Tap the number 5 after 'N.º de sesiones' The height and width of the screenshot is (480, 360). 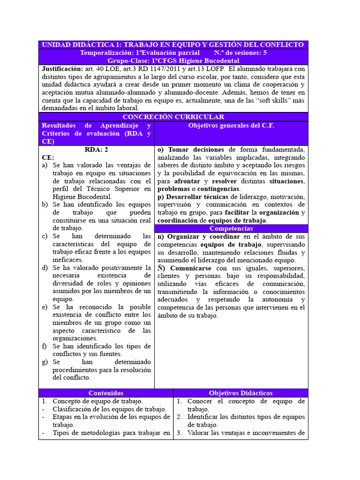tap(265, 52)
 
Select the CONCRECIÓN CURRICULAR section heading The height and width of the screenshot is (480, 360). tap(173, 117)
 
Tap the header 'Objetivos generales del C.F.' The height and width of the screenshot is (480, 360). tap(231, 126)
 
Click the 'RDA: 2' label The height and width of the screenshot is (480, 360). tap(97, 150)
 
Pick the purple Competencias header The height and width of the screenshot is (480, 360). tap(231, 228)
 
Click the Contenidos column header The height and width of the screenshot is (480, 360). tap(106, 393)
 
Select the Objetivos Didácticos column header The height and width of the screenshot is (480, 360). tap(240, 393)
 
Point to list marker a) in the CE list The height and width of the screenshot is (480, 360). tap(45, 165)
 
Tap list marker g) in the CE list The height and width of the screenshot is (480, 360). tap(45, 362)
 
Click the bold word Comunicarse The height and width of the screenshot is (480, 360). tap(189, 268)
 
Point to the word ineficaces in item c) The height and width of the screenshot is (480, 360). tap(68, 260)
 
